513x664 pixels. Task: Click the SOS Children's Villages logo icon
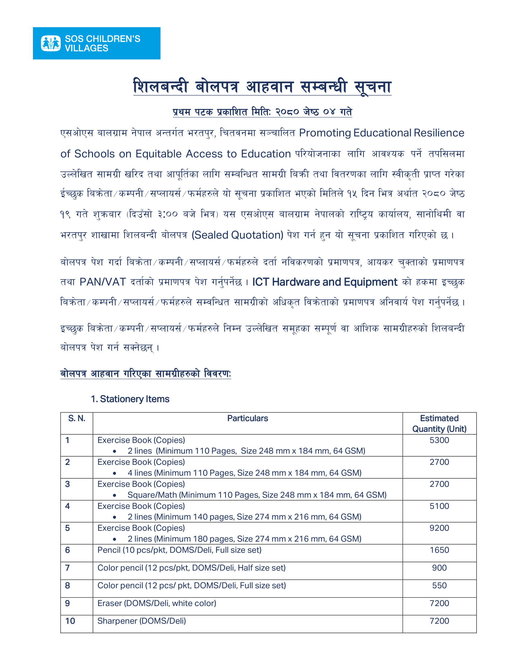pyautogui.click(x=51, y=43)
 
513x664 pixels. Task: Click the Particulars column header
pyautogui.click(x=247, y=418)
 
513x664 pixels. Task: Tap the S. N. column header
pyautogui.click(x=77, y=418)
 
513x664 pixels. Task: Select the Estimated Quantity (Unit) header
pyautogui.click(x=439, y=423)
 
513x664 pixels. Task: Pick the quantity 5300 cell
pyautogui.click(x=439, y=440)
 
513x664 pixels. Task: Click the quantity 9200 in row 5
pyautogui.click(x=439, y=528)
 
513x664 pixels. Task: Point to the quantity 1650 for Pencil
pyautogui.click(x=439, y=550)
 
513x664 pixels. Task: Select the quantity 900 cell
pyautogui.click(x=439, y=568)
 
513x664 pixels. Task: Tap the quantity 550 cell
pyautogui.click(x=439, y=585)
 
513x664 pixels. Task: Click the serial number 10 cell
pyautogui.click(x=70, y=621)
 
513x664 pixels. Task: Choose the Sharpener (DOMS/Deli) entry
pyautogui.click(x=142, y=621)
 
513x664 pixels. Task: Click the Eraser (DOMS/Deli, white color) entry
pyautogui.click(x=157, y=603)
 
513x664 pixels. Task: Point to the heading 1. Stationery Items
pyautogui.click(x=130, y=399)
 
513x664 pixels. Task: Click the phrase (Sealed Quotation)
pyautogui.click(x=237, y=235)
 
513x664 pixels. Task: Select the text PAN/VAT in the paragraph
pyautogui.click(x=103, y=282)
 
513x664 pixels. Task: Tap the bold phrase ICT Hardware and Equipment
pyautogui.click(x=325, y=282)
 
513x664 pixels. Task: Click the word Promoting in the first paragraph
pyautogui.click(x=325, y=133)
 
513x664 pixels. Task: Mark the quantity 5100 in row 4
pyautogui.click(x=439, y=506)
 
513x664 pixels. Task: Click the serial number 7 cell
pyautogui.click(x=68, y=568)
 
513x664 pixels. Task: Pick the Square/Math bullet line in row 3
pyautogui.click(x=257, y=495)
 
